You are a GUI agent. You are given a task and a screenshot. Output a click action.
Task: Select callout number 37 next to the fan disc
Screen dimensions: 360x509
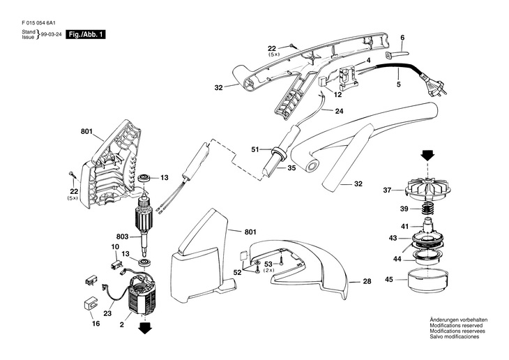click(388, 190)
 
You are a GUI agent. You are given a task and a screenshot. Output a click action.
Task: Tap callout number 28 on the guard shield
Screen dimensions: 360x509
click(367, 282)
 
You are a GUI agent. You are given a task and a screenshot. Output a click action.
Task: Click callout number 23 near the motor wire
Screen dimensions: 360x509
click(107, 314)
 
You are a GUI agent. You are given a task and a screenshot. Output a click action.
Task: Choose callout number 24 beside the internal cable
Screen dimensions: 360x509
click(340, 110)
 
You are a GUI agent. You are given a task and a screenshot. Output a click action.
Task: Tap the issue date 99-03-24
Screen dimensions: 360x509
click(50, 34)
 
